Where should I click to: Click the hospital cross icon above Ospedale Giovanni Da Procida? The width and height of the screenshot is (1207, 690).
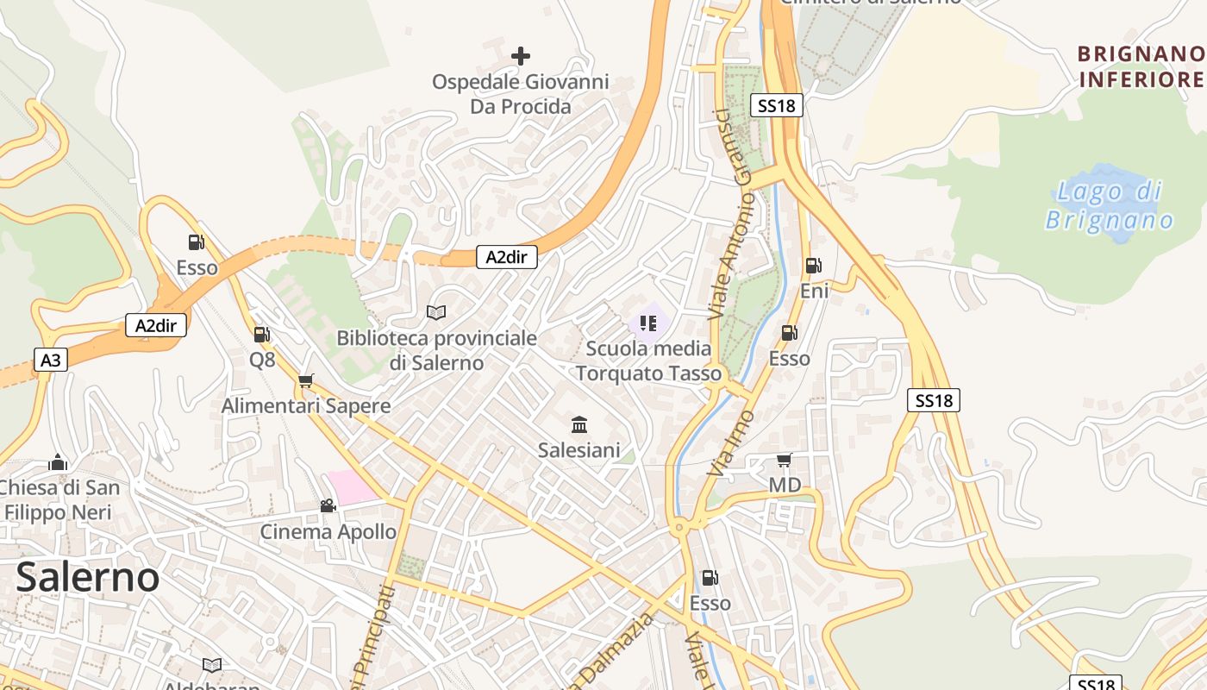(521, 56)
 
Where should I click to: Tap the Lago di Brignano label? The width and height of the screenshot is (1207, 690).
(1110, 205)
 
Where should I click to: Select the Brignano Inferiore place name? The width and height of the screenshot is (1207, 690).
(1141, 67)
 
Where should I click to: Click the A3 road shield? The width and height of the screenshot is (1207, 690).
(51, 360)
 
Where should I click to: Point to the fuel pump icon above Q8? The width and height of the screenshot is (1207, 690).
(262, 335)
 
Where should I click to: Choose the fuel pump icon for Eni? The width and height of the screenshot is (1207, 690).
(813, 266)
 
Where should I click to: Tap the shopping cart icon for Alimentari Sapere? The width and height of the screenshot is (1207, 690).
(306, 380)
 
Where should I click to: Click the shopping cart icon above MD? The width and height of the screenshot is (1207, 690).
(784, 460)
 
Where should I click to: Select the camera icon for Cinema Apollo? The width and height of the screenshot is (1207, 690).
(328, 505)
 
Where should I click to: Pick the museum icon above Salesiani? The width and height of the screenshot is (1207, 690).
(579, 424)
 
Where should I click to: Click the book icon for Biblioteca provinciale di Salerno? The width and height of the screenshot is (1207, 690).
(436, 312)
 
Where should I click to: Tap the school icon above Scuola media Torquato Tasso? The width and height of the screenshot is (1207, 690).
(648, 323)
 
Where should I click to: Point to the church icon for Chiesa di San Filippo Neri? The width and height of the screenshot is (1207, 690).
(58, 462)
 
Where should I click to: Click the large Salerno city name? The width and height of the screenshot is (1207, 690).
(88, 577)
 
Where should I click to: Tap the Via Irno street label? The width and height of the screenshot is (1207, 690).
(730, 443)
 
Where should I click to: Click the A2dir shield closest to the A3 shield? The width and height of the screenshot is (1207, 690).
(156, 325)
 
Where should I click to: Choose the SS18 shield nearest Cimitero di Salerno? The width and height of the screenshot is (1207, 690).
(777, 105)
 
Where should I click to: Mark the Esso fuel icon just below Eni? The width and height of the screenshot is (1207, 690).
(789, 333)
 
